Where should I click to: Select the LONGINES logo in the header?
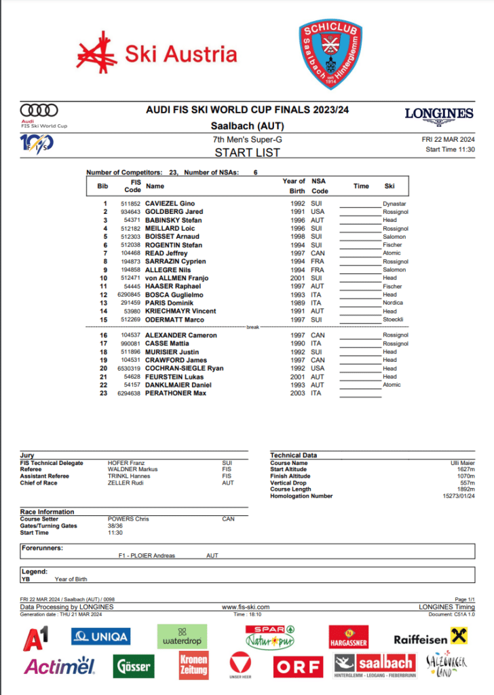(439, 114)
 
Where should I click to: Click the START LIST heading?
(247, 152)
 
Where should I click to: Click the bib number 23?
(104, 394)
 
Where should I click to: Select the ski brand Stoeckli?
(393, 320)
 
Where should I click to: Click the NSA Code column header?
(319, 185)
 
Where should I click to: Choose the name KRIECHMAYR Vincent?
(180, 312)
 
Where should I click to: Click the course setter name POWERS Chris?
(128, 519)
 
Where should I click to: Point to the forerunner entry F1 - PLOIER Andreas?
(147, 555)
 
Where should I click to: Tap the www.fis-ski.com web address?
(246, 607)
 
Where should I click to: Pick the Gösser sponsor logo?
(134, 666)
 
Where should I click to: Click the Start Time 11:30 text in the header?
(450, 150)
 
